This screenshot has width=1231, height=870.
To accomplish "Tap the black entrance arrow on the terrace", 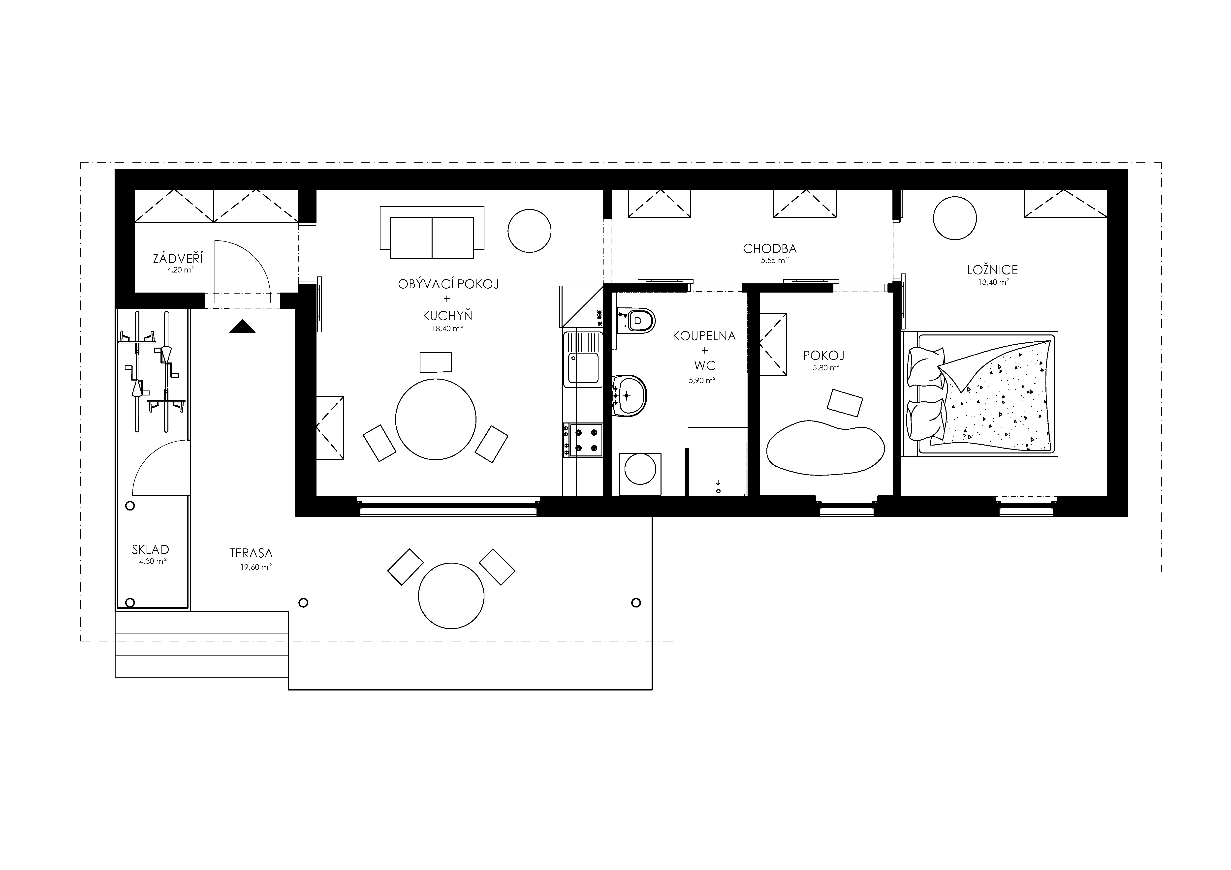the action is [x=242, y=327].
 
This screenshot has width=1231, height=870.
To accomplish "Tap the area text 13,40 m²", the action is [x=993, y=282].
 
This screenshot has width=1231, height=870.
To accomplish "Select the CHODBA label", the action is [x=769, y=249].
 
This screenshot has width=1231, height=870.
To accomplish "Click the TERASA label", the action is [x=251, y=553].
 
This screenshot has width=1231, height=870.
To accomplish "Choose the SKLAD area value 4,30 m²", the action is [x=152, y=561].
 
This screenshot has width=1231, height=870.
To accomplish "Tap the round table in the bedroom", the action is [x=955, y=218].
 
